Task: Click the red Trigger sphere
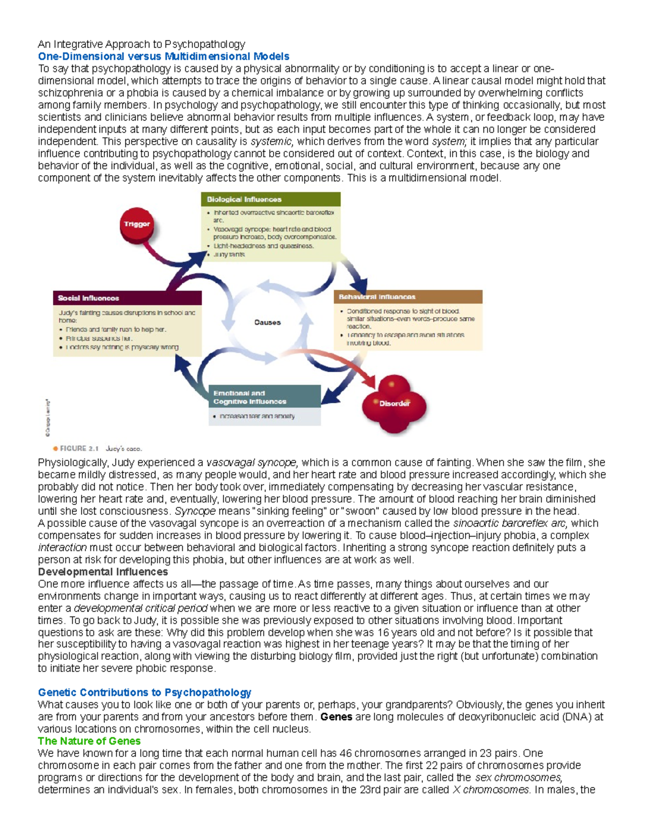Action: pos(137,224)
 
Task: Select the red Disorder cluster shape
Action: pos(394,404)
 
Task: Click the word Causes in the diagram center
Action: pos(267,323)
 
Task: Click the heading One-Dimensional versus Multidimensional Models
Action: pos(163,56)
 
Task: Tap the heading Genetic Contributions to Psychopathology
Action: pos(144,693)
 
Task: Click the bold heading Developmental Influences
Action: pos(103,572)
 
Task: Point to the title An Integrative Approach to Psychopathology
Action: pos(141,44)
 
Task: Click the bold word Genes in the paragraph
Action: pos(336,717)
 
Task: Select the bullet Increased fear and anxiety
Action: pos(256,416)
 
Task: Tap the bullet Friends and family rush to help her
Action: pos(116,330)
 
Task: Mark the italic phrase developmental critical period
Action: pos(140,608)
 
